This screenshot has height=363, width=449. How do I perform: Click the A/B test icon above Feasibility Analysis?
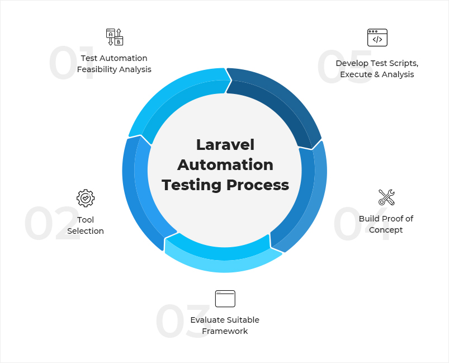click(115, 37)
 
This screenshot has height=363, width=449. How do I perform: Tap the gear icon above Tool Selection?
click(86, 198)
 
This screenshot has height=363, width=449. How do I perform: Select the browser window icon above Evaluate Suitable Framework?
click(225, 299)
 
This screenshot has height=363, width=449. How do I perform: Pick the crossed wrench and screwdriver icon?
click(386, 197)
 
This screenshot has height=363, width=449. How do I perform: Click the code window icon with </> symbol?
click(377, 37)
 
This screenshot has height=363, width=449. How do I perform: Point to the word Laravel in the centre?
click(225, 145)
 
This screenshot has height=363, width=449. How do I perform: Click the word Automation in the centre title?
click(225, 165)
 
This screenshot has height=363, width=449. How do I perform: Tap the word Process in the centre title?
click(258, 185)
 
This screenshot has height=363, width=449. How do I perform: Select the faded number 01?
click(72, 63)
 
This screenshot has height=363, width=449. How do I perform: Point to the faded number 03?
click(183, 321)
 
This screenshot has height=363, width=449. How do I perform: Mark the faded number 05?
click(345, 66)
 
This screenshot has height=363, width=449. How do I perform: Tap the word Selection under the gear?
click(86, 231)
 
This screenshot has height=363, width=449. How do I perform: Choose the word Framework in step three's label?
click(225, 331)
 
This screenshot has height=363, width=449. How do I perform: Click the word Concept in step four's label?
click(386, 230)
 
